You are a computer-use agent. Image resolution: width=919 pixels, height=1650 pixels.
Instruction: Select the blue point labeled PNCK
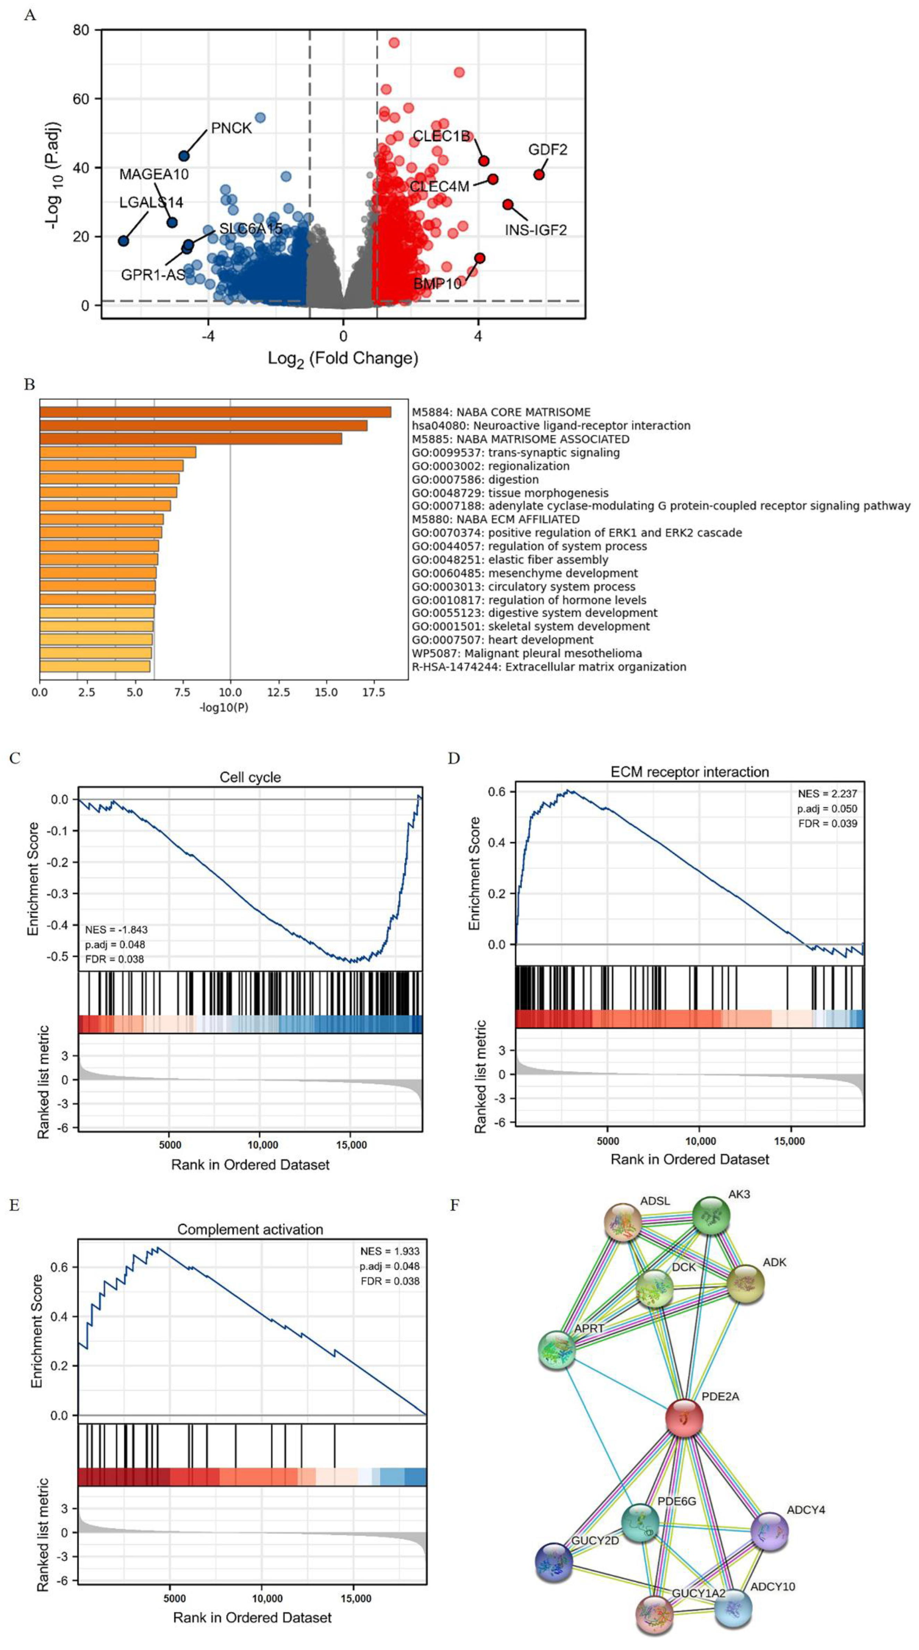(184, 155)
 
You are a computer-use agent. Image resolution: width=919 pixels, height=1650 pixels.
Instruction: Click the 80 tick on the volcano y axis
(81, 30)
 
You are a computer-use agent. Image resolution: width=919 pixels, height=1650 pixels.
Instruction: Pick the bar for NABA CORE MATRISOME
(215, 412)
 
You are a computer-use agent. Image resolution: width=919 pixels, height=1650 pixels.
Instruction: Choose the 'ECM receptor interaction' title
(689, 772)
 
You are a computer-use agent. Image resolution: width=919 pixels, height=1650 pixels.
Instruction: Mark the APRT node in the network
(557, 1349)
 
